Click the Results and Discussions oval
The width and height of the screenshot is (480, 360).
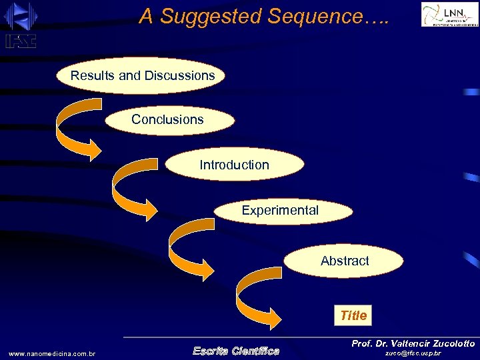pos(141,76)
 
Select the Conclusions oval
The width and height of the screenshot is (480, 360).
pos(168,120)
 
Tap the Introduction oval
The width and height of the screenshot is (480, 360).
pos(234,165)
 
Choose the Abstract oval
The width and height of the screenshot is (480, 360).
pos(344,261)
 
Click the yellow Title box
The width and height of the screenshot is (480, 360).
pos(353,315)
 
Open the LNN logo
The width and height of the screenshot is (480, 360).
pos(449,14)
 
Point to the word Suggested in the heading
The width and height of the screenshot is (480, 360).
pos(212,17)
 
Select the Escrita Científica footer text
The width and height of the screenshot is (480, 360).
pos(235,351)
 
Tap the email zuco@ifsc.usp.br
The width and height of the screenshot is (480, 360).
pos(413,353)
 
